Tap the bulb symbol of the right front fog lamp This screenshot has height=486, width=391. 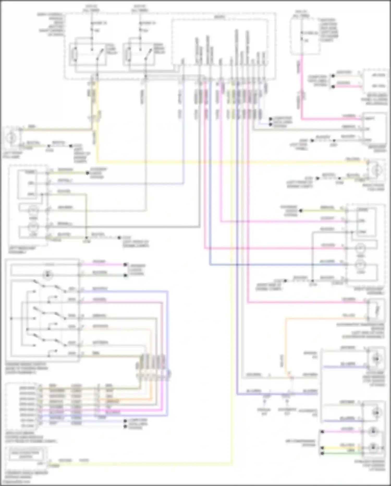(x=376, y=171)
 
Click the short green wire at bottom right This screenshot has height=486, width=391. (x=341, y=453)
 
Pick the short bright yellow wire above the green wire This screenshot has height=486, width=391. (x=341, y=447)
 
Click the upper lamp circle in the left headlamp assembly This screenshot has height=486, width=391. (x=33, y=210)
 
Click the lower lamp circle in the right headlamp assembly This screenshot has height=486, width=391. (x=361, y=265)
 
